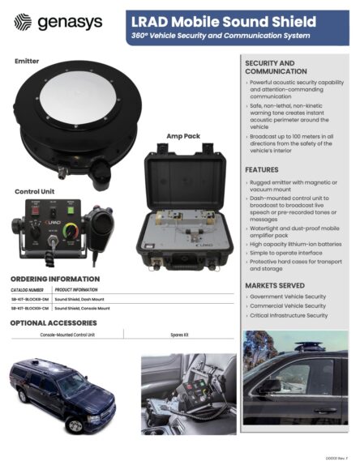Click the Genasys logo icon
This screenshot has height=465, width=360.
[24, 23]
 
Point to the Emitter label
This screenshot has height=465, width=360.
[30, 62]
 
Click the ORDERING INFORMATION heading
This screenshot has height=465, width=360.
[55, 279]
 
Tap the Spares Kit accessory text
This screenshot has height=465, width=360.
[180, 334]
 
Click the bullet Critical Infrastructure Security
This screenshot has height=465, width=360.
[289, 316]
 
